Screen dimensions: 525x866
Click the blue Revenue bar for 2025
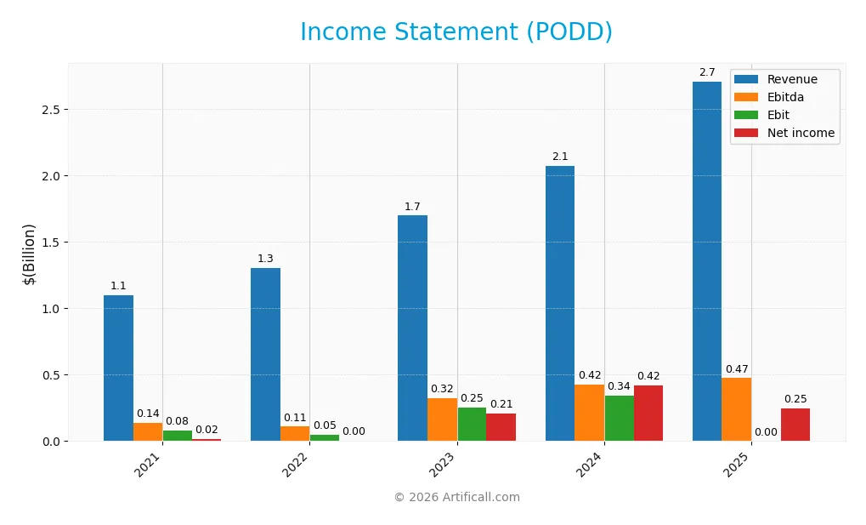[707, 261]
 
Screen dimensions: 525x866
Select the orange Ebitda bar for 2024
[589, 413]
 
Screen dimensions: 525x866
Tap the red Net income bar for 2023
[501, 427]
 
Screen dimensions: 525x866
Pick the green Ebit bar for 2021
[177, 436]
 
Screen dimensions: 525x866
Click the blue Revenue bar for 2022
[265, 354]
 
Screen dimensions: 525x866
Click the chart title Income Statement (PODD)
[456, 32]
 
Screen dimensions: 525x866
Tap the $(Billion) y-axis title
[30, 254]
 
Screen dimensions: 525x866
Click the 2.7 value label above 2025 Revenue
[707, 72]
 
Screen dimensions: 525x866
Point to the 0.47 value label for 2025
[737, 369]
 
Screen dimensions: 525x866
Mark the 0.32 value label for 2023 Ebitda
[442, 389]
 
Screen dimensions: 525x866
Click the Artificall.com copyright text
[456, 497]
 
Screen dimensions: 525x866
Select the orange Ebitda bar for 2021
[148, 431]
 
